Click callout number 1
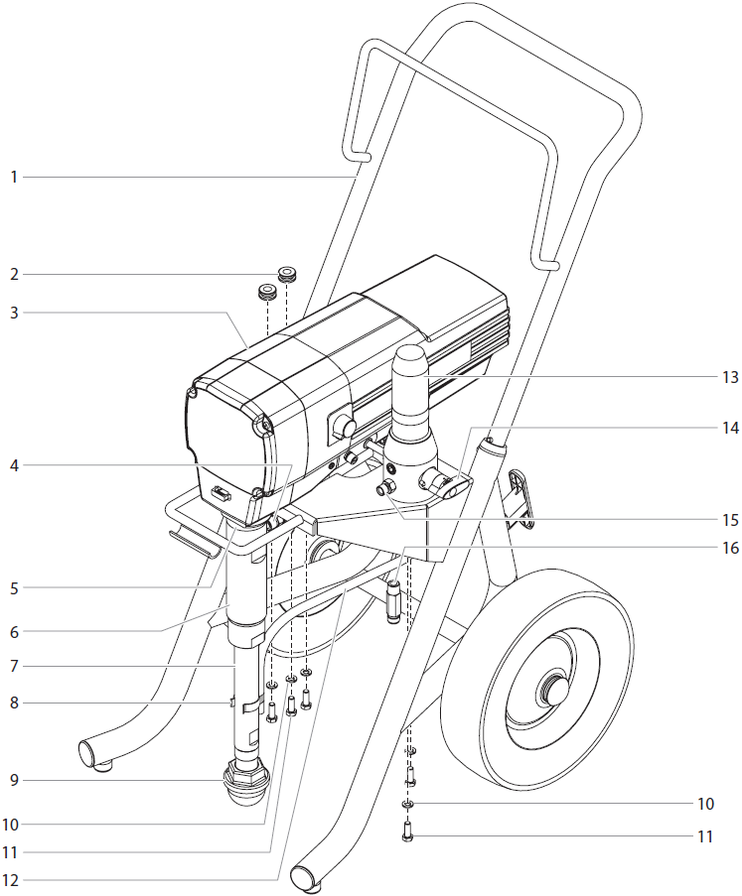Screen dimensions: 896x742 coord(14,177)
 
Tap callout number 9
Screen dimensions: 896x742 coord(14,781)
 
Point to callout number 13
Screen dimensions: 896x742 coord(730,377)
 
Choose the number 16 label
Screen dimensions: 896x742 coord(730,546)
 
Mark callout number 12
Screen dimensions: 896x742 coord(14,879)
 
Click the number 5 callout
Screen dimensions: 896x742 coord(14,588)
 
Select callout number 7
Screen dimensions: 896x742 coord(14,665)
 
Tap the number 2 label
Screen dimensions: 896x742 coord(14,273)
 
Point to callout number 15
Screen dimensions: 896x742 coord(730,519)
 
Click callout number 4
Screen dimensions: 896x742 coord(14,463)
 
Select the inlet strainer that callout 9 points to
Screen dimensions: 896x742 coord(243,785)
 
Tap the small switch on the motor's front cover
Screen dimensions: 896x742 coord(222,492)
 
